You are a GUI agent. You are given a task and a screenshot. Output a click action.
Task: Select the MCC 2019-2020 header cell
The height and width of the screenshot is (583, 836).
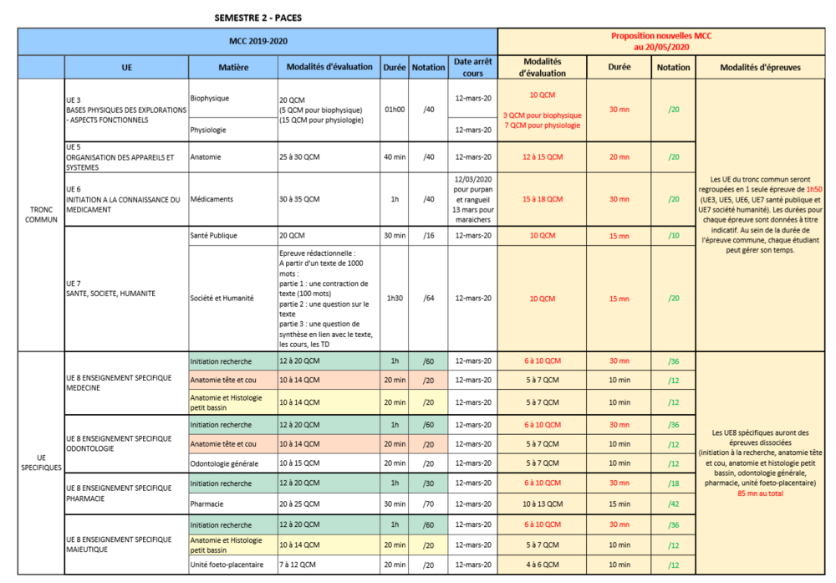coord(257,41)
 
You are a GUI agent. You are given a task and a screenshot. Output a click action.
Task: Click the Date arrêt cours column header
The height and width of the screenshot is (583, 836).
coord(473,67)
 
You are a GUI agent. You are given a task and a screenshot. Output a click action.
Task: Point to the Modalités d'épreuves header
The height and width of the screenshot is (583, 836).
coord(760,68)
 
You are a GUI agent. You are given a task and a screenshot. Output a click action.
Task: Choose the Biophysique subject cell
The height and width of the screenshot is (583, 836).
coord(210,98)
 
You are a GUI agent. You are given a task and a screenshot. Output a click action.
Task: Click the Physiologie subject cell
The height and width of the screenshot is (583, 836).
coord(210,130)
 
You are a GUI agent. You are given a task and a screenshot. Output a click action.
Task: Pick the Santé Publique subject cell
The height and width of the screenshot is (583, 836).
coord(214,236)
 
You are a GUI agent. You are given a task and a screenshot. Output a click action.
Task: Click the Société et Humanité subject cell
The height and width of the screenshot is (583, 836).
coord(222,298)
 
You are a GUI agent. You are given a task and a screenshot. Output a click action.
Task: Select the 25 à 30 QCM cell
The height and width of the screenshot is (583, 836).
coord(299,156)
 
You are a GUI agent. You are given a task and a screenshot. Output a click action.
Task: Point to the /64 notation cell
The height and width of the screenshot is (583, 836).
coord(428,298)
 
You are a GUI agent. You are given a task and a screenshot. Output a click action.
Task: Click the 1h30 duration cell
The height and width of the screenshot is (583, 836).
coord(394,298)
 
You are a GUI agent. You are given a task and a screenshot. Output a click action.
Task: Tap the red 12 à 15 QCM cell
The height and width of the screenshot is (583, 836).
coord(543,156)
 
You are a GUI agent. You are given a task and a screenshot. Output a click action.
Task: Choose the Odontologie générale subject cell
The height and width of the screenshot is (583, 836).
coord(224,463)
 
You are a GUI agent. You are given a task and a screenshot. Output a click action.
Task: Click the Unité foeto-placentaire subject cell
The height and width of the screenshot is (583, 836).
coord(226,565)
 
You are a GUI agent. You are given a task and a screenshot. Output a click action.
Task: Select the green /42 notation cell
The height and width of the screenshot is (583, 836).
coord(674,504)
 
